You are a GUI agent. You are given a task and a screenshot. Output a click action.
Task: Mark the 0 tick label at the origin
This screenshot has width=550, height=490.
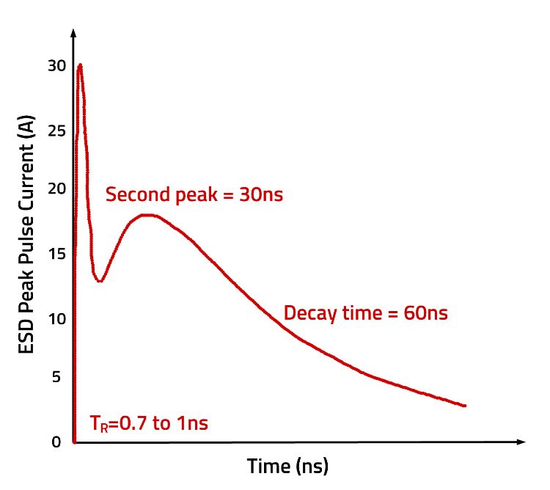57,442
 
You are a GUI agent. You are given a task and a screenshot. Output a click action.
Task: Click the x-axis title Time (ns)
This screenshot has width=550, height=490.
287,466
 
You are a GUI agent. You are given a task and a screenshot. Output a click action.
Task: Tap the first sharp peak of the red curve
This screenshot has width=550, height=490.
79,65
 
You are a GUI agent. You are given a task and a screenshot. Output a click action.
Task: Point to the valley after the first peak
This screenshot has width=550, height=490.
100,280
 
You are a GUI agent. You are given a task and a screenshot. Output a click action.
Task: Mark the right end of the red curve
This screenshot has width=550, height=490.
465,405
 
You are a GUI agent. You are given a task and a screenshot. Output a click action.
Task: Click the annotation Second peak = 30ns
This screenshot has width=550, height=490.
194,195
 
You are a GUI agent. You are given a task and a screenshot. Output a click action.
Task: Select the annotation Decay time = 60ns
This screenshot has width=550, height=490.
365,313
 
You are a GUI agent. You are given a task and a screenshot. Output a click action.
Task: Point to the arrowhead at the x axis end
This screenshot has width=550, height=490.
521,442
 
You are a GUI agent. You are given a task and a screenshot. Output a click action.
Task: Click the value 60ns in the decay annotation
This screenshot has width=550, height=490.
425,313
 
